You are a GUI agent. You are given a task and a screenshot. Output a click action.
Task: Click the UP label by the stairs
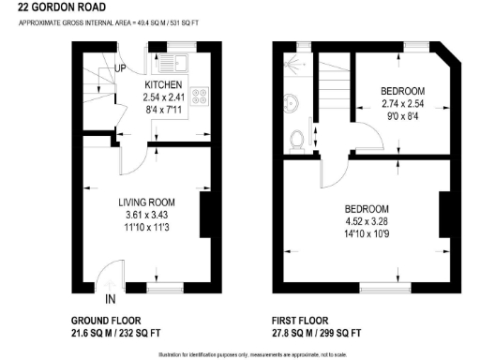coord(121,67)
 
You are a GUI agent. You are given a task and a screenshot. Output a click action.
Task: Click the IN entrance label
coord(111,299)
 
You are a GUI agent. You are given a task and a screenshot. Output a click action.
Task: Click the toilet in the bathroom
coord(298,138)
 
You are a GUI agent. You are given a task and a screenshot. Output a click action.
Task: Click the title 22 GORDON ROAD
coord(55,7)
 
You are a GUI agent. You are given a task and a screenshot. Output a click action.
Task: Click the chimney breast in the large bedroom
coord(443,213)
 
